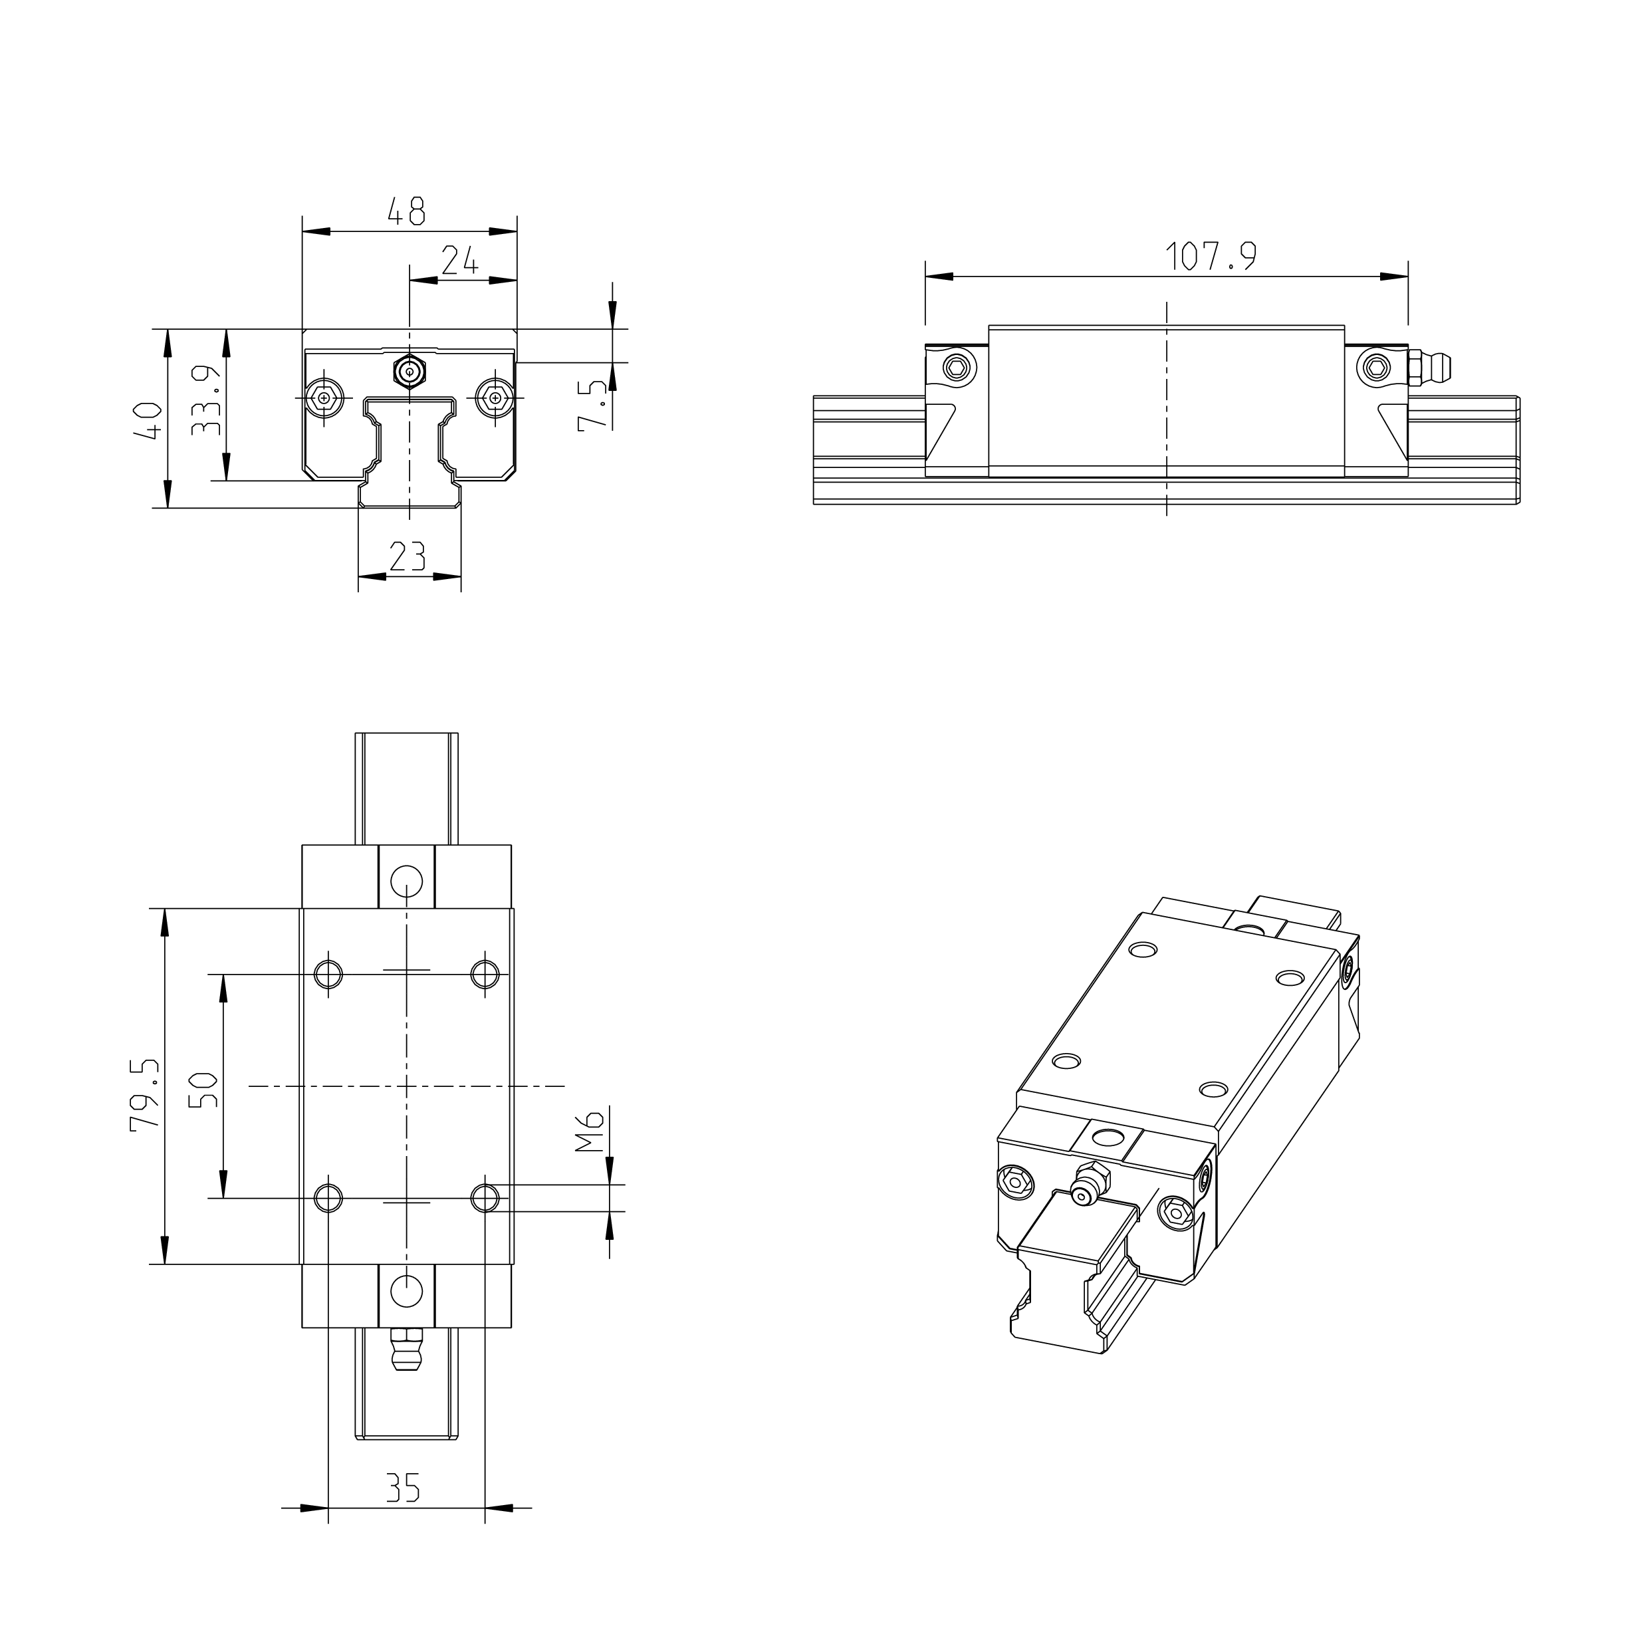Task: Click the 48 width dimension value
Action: pos(406,211)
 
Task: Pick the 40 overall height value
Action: pos(148,419)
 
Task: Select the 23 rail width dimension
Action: pos(407,557)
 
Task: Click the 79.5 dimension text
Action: pos(145,1094)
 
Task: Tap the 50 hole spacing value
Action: pos(204,1090)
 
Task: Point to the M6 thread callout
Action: pos(590,1131)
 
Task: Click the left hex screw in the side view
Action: pos(956,368)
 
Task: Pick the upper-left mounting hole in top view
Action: pos(328,973)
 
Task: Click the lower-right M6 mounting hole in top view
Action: pos(485,1198)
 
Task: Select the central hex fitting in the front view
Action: pos(410,372)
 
